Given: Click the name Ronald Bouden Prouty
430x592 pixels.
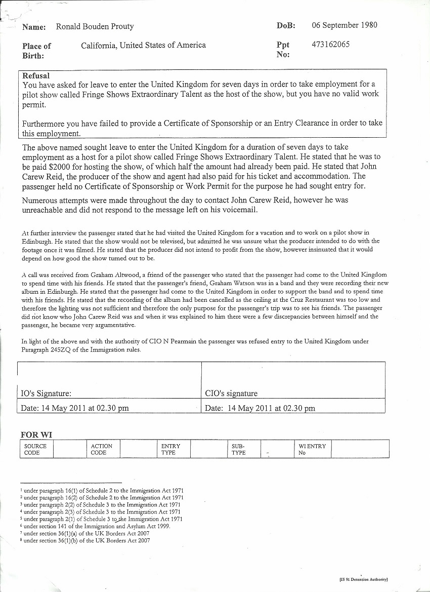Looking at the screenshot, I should [95, 27].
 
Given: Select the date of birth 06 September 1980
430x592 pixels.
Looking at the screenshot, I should [344, 25].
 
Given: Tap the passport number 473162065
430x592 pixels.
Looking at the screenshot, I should [330, 45].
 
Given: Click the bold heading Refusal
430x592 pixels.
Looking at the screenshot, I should [36, 75].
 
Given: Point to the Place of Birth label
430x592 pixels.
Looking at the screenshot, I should [36, 51].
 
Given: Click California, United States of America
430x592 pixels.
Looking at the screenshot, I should [143, 45].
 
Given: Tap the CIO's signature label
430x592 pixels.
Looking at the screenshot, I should [231, 393].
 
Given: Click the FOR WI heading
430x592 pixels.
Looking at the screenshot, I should [36, 435].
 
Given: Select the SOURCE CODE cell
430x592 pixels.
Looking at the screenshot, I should [35, 449].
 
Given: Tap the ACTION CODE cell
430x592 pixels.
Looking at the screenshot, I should [102, 449].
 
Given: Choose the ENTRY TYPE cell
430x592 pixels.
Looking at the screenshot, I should [170, 449].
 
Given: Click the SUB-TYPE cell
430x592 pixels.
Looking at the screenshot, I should [238, 449].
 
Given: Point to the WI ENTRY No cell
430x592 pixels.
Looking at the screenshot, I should [312, 449].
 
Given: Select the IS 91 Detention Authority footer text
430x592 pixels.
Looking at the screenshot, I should [363, 579].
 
